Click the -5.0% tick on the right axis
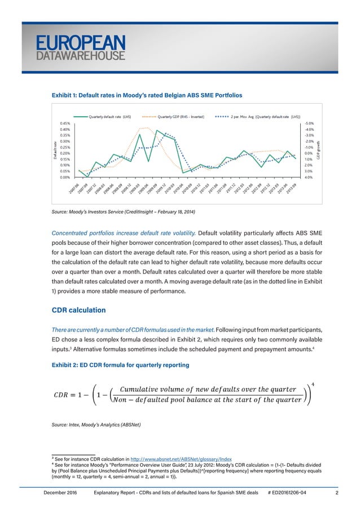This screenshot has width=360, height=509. (309, 124)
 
